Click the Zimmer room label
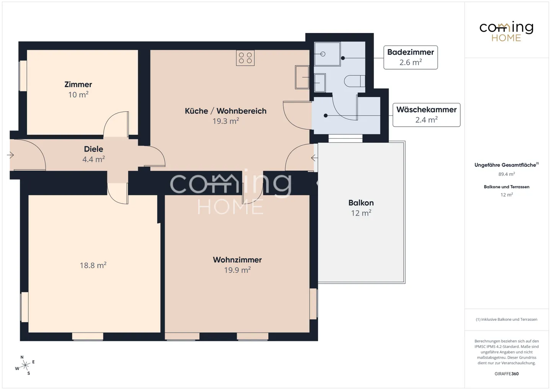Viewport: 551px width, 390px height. click(78, 85)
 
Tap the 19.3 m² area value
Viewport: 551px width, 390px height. click(226, 121)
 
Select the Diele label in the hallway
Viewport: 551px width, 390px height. click(93, 149)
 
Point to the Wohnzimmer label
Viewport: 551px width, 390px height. click(237, 259)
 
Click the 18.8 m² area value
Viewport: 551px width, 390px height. click(93, 265)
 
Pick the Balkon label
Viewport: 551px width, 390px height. click(361, 203)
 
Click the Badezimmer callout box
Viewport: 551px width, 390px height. click(411, 57)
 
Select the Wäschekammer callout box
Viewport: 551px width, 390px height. click(426, 115)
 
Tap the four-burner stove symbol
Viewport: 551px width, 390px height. click(245, 58)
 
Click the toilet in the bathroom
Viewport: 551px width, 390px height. click(354, 81)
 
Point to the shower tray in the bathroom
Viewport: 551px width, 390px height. click(327, 54)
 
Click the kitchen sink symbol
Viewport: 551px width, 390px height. click(302, 77)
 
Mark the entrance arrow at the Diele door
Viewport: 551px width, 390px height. click(10, 155)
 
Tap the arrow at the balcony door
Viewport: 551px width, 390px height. click(314, 158)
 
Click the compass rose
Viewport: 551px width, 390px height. click(25, 365)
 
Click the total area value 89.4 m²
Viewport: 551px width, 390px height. click(507, 174)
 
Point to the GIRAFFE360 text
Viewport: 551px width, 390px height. click(507, 374)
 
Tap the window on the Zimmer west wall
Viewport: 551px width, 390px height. click(23, 76)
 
